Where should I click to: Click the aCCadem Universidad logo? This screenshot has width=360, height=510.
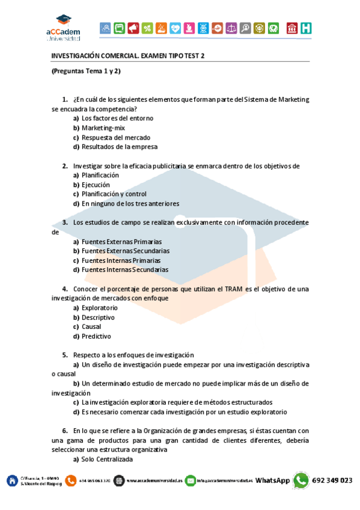[x=64, y=28]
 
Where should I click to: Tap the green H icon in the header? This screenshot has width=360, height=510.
[x=307, y=28]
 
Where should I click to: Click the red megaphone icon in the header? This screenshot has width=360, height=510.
[x=133, y=28]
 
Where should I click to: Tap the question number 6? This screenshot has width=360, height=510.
[x=64, y=431]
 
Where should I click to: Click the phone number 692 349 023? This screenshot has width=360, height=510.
[x=332, y=481]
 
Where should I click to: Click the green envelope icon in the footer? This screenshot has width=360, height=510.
[x=191, y=481]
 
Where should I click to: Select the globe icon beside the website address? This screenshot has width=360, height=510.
[x=119, y=481]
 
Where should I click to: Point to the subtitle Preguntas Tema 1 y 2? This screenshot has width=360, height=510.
[x=86, y=71]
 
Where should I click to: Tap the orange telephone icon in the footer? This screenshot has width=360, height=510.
[x=71, y=481]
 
